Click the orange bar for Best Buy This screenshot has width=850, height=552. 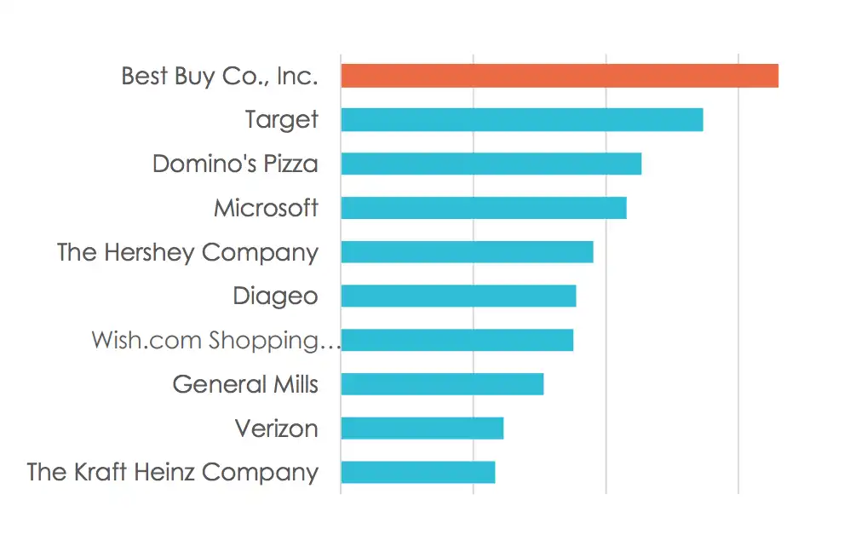[560, 75]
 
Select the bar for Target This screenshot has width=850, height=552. [522, 119]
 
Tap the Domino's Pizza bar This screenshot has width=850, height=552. [491, 164]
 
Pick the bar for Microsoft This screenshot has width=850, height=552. [484, 208]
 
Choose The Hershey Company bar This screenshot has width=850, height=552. [468, 251]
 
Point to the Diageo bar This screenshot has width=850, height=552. [458, 296]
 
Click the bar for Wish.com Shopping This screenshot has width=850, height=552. [457, 340]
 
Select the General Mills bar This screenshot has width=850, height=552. [442, 384]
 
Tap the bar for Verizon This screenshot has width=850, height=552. [422, 428]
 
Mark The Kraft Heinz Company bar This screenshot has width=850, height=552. [418, 472]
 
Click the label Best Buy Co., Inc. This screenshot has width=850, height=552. [220, 77]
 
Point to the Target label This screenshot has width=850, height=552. [281, 120]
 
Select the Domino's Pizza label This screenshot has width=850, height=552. [235, 164]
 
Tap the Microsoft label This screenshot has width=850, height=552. [267, 208]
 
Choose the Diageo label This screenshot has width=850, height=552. [275, 297]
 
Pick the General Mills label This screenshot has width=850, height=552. [245, 384]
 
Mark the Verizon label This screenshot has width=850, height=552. [277, 428]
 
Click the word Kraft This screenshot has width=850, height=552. [101, 472]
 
